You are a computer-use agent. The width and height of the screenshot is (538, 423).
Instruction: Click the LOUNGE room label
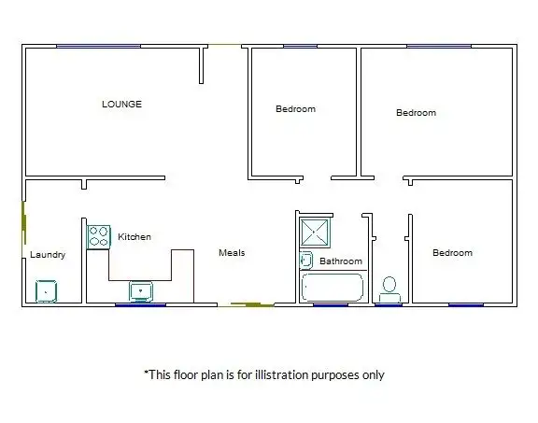click(x=121, y=104)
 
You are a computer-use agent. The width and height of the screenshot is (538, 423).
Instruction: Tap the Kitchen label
click(x=134, y=237)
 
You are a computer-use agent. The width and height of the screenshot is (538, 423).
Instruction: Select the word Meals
click(x=232, y=252)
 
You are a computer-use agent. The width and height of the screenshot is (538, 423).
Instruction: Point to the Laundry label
click(x=47, y=254)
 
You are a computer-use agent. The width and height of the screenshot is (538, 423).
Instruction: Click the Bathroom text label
click(x=340, y=261)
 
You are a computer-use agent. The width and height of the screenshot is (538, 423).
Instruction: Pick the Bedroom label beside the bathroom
click(x=452, y=253)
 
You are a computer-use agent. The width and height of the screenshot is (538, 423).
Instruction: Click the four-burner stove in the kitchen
click(x=99, y=236)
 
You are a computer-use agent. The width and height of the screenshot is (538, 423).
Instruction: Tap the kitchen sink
click(x=140, y=291)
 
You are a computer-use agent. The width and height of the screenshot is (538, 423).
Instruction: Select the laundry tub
click(x=46, y=291)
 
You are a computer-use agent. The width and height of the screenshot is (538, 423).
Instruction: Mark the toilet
click(x=389, y=289)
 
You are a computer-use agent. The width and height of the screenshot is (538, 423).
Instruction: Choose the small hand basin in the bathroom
click(x=305, y=260)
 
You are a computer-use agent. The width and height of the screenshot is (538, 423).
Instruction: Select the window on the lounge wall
click(x=98, y=46)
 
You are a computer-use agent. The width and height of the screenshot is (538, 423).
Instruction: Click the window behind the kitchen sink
click(x=140, y=304)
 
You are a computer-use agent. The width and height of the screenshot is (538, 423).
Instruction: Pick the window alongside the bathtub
click(x=332, y=304)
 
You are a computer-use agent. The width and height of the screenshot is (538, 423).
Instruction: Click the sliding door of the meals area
click(x=251, y=304)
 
